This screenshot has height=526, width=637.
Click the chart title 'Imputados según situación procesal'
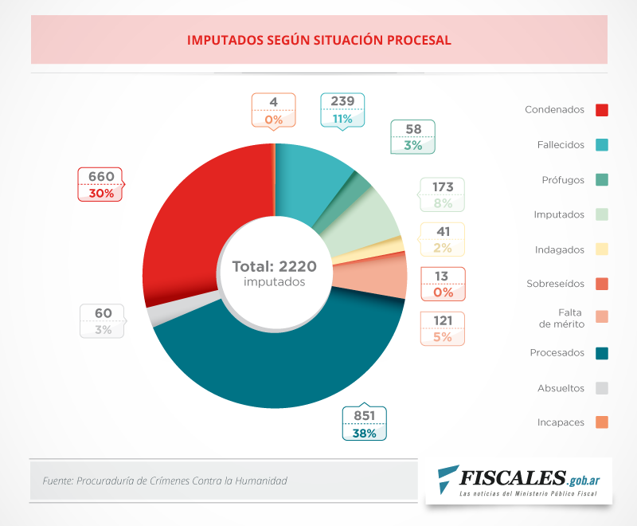tap(318, 39)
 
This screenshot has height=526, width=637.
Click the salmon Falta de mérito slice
tap(374, 277)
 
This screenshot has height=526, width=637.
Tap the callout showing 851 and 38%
tap(364, 423)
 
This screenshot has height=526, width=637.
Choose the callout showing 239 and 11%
tap(342, 110)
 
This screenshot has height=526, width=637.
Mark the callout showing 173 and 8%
tap(442, 195)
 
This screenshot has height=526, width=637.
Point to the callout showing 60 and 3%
tap(103, 320)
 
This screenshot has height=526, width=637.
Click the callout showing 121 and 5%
tap(442, 328)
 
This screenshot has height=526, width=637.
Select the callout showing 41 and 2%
tap(443, 239)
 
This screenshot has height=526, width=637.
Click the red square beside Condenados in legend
tap(602, 109)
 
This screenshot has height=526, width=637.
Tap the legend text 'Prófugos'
tap(563, 179)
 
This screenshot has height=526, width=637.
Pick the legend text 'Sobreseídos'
tap(555, 283)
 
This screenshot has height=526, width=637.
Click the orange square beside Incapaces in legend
tap(602, 422)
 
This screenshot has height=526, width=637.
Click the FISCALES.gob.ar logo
tap(518, 482)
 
